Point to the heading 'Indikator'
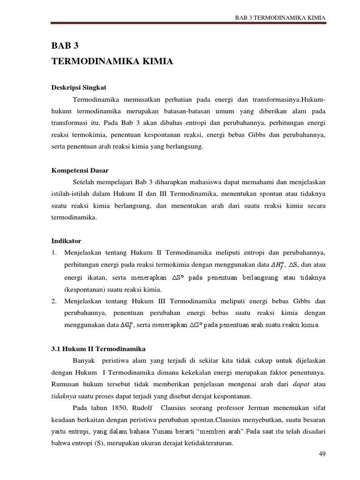coord(66,241)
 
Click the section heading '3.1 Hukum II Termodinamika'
coord(98,349)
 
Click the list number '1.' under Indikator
coord(54,253)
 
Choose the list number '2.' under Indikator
coord(54,301)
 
